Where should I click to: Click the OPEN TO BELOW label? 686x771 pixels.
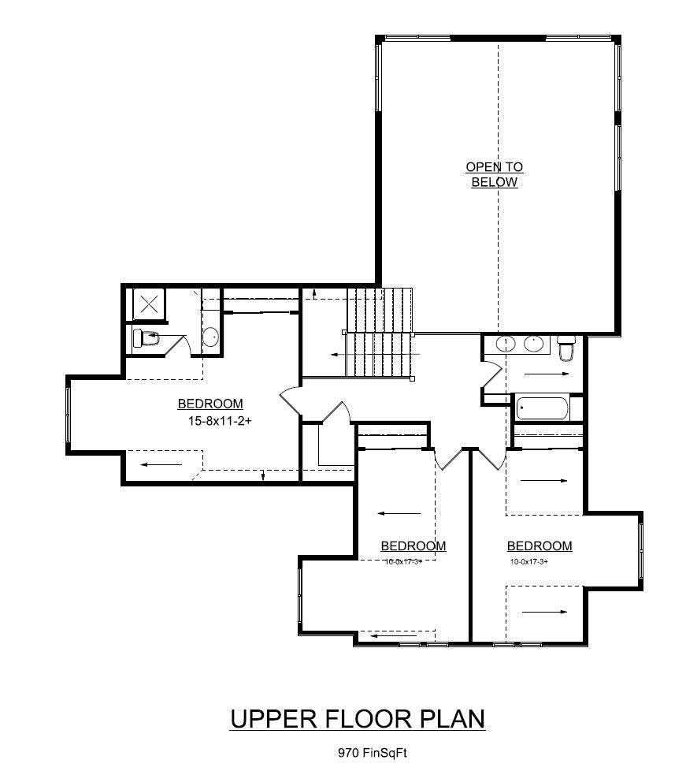(x=494, y=174)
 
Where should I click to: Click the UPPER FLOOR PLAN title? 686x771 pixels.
(x=357, y=719)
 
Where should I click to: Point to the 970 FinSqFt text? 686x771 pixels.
(x=372, y=753)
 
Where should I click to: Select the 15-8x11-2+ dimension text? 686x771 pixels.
(x=214, y=421)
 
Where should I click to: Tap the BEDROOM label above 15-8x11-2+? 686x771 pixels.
(x=210, y=404)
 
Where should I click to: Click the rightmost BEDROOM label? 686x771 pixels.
(x=539, y=546)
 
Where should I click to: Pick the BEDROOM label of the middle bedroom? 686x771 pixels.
(x=413, y=546)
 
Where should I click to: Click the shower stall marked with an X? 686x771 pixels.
(x=148, y=304)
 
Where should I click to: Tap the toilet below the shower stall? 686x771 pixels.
(x=146, y=338)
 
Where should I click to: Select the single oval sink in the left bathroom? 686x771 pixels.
(x=210, y=337)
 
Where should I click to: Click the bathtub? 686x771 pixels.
(x=542, y=408)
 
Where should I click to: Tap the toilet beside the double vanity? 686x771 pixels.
(x=565, y=347)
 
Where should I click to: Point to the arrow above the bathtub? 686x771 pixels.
(x=546, y=374)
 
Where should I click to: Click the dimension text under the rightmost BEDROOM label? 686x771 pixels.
(x=528, y=562)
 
